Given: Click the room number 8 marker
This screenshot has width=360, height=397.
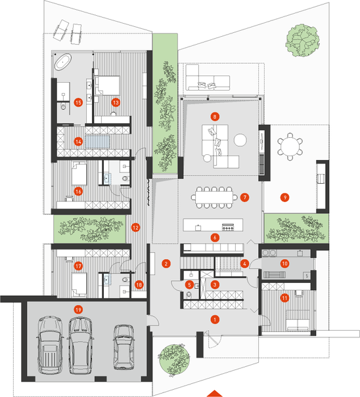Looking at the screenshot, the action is coord(215,117).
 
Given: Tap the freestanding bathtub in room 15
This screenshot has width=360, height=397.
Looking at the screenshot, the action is coord(63,62).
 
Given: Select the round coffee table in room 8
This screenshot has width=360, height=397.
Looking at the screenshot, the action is coord(240,140).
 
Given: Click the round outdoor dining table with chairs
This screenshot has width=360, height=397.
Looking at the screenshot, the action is coord(290,146).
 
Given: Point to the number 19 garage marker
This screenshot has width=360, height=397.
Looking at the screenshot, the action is coord(78,309).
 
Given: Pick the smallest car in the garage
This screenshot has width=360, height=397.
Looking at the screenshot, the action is coord(124,347).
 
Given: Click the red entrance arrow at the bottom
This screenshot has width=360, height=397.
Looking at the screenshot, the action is coord(215,394).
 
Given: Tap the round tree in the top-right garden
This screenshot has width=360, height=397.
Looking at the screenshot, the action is coord(302,41).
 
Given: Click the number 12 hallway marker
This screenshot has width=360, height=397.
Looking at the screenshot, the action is coord(135,227).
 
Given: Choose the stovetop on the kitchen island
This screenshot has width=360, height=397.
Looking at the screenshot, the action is coord(228,228).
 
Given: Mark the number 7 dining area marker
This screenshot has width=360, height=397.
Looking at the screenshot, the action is coord(244,198).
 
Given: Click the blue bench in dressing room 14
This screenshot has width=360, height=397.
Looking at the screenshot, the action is coord(97,142).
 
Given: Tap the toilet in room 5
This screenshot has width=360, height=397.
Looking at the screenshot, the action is coord(189,294).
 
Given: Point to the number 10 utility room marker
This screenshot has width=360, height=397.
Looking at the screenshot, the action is coord(284,264).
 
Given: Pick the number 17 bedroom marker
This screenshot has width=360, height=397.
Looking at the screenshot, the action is coord(78,266).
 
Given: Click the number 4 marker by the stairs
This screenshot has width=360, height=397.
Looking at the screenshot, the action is coord(244,264).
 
